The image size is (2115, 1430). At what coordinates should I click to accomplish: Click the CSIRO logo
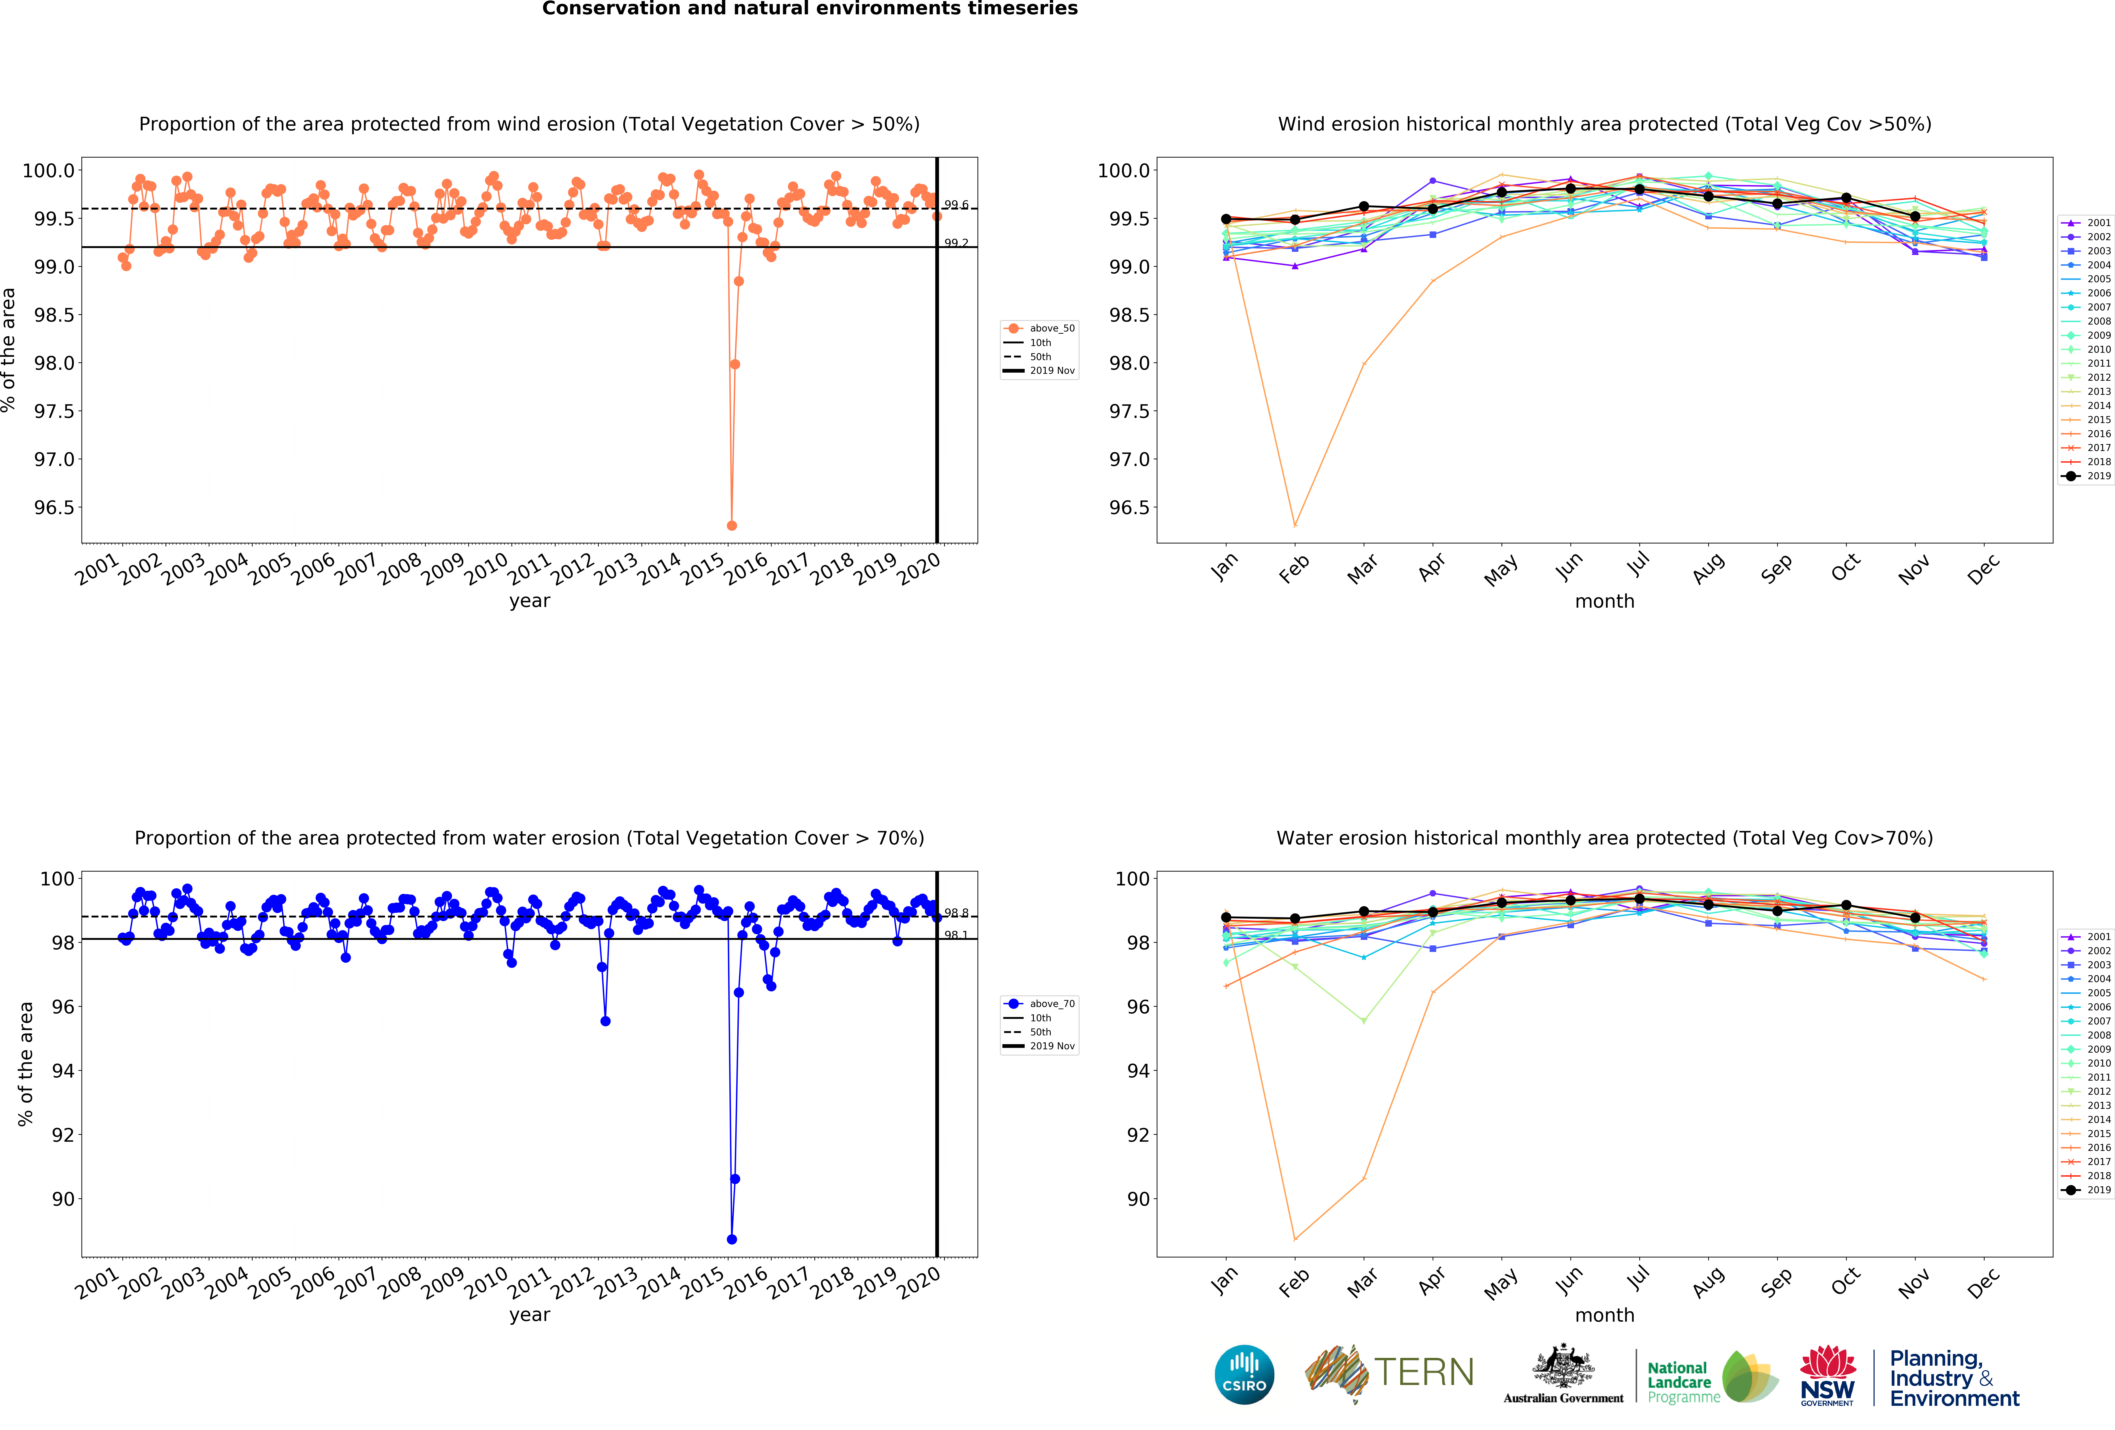(1244, 1374)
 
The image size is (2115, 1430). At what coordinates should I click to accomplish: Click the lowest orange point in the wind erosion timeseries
(732, 525)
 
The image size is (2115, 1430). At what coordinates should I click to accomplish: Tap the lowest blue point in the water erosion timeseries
(732, 1239)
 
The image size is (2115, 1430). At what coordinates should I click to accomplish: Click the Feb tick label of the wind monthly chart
(1293, 569)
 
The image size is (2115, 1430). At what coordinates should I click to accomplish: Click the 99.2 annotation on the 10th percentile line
(956, 243)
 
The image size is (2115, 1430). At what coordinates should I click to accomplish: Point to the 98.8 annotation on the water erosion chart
(956, 913)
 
